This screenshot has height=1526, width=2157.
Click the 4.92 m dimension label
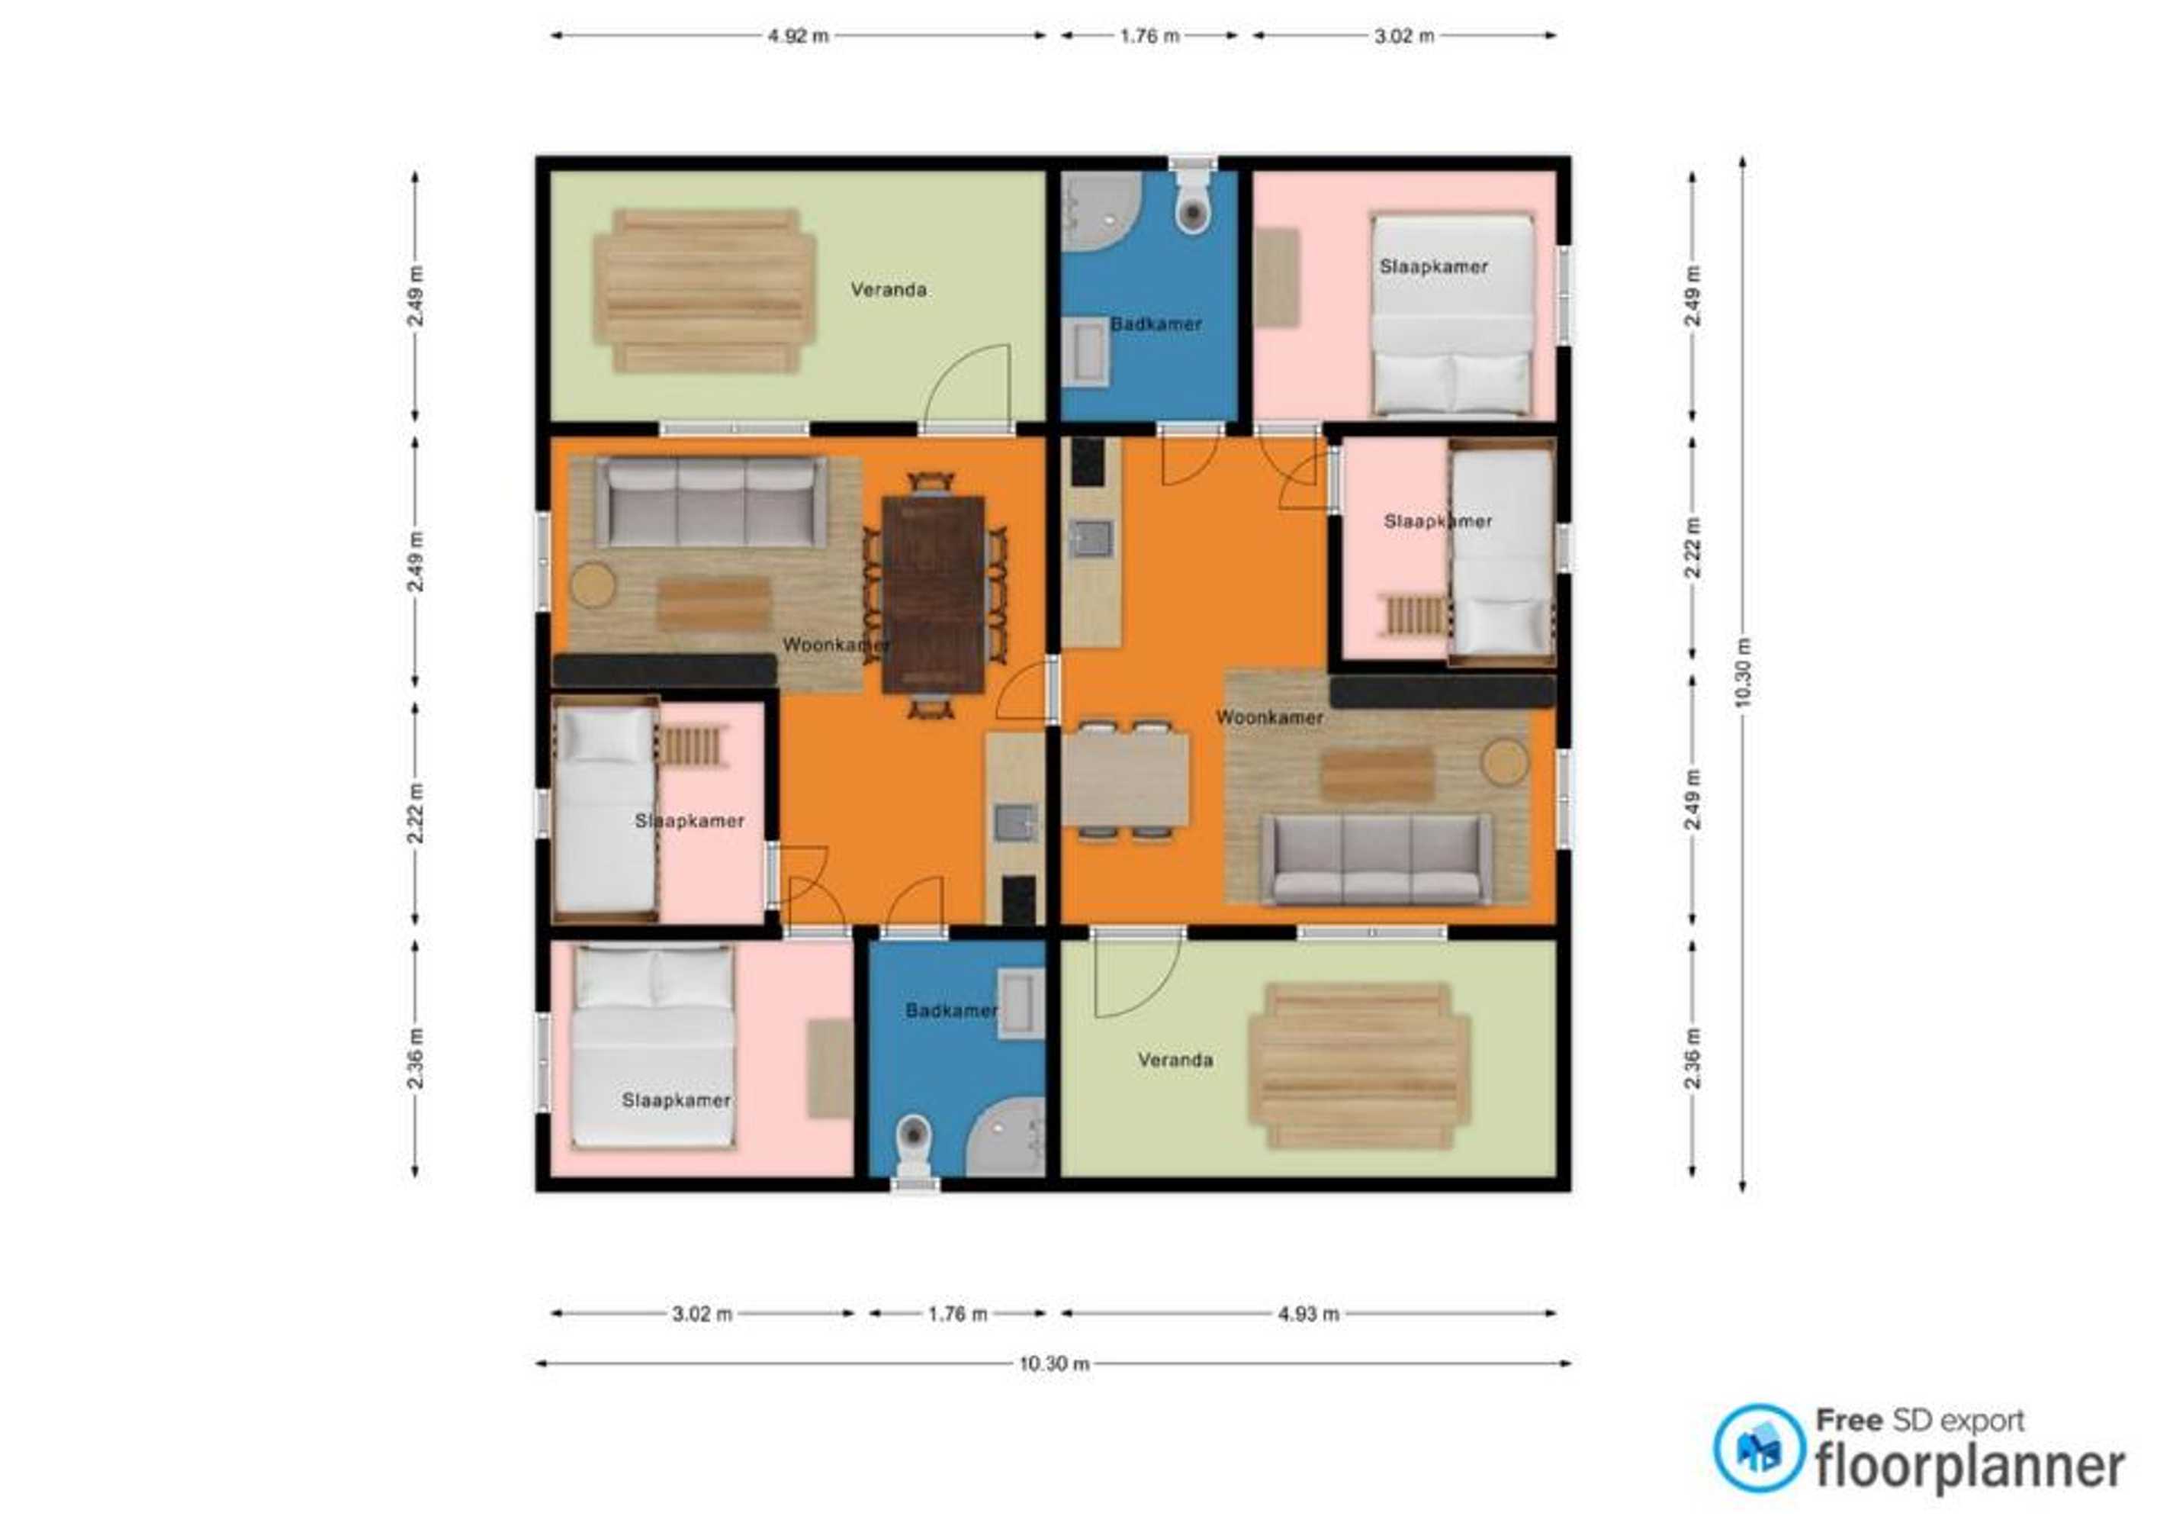coord(798,37)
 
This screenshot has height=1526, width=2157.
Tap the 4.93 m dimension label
coord(1308,1314)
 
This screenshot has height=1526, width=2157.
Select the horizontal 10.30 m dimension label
coord(1054,1363)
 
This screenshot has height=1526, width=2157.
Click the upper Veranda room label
coord(889,289)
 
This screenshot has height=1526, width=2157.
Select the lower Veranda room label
coord(1175,1060)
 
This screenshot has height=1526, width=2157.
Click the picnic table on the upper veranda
coord(705,291)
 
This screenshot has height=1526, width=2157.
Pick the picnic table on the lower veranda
coord(1358,1066)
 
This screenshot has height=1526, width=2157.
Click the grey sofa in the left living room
coord(711,502)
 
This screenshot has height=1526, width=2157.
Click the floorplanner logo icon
coord(1759,1448)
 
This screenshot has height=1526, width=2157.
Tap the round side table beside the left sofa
coord(593,584)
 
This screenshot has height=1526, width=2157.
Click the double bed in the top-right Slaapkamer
coord(1452,315)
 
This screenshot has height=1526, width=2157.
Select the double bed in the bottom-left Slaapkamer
coord(654,1047)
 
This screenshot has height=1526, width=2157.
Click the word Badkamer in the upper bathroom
coord(1156,324)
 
